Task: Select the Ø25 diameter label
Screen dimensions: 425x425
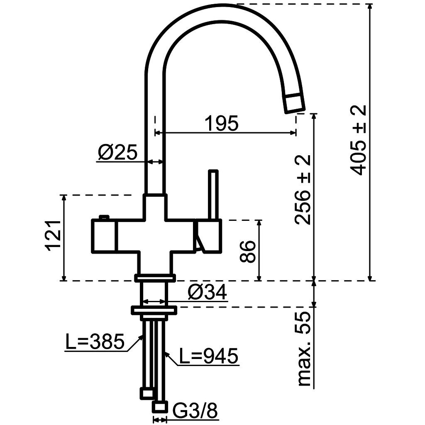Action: click(x=117, y=153)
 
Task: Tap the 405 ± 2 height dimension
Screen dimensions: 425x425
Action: click(x=358, y=140)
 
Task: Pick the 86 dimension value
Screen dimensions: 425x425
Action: click(x=248, y=252)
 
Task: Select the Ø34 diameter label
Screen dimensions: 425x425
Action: click(x=207, y=293)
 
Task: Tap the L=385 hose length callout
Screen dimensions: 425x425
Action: click(x=95, y=342)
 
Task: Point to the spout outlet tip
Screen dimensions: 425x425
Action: click(x=295, y=104)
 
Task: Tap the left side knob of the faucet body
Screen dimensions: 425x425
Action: click(x=104, y=236)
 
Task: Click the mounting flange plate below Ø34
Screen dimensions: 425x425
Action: click(x=154, y=309)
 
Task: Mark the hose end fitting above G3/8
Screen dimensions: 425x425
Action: click(x=160, y=405)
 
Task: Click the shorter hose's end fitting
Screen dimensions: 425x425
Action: click(x=147, y=393)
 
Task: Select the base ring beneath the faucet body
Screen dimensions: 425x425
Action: click(x=154, y=278)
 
